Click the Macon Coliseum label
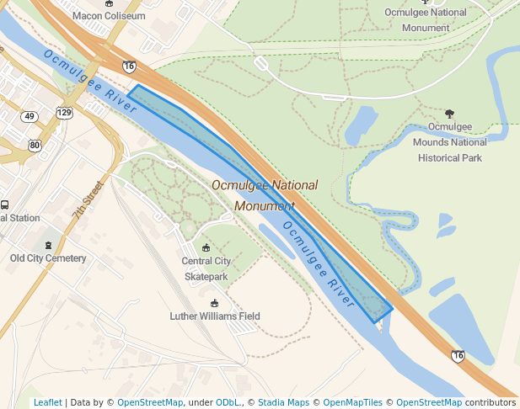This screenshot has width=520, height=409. [109, 16]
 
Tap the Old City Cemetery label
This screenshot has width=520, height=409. [47, 258]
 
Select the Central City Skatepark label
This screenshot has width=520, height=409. [206, 268]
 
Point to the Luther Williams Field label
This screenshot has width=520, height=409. [215, 316]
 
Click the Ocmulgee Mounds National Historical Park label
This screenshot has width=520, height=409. [449, 142]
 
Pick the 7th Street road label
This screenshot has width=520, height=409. [87, 200]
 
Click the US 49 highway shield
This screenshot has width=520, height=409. [30, 116]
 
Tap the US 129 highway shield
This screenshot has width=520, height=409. [65, 113]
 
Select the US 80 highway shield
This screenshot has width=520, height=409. [34, 145]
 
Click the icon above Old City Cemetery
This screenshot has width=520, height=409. [48, 245]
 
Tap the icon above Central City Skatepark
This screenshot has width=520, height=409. [206, 247]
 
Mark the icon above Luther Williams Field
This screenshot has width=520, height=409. [214, 303]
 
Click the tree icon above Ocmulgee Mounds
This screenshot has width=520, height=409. [449, 114]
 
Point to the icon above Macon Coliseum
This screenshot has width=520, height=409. [109, 3]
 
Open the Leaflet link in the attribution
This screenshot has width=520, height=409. [48, 402]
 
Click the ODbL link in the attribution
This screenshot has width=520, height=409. [228, 402]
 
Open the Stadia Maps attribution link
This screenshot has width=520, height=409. [287, 402]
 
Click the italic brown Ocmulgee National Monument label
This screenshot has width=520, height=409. [265, 195]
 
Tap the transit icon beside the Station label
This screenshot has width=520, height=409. [4, 204]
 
